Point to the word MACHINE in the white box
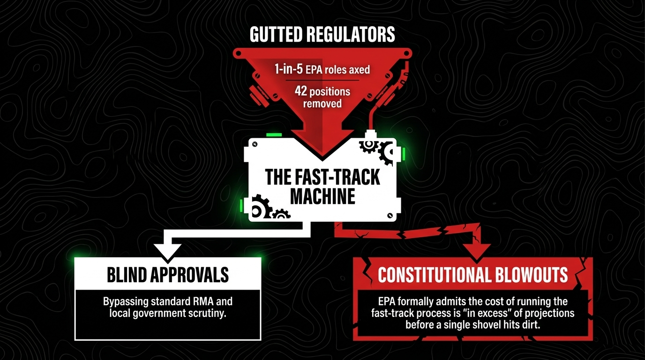pos(322,197)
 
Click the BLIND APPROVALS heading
pos(168,275)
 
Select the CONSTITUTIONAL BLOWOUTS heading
pos(472,275)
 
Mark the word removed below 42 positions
pos(322,103)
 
